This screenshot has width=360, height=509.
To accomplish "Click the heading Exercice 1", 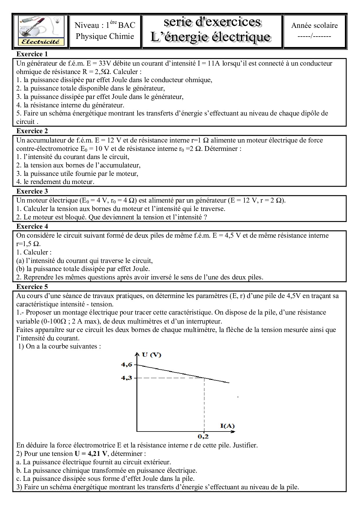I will [x=32, y=54].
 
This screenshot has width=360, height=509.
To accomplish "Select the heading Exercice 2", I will [x=32, y=131].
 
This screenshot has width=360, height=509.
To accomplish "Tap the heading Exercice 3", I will [x=32, y=191].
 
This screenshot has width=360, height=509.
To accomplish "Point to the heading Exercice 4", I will [x=32, y=226].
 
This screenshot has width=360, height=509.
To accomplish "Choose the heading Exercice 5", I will [x=32, y=287].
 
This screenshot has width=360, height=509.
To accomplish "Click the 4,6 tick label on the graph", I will [x=127, y=365].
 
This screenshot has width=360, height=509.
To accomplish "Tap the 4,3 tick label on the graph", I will [x=127, y=378].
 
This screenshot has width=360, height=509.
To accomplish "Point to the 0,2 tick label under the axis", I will [x=203, y=436].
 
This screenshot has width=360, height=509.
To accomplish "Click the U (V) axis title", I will [x=152, y=355].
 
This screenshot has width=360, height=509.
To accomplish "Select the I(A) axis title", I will [x=227, y=426].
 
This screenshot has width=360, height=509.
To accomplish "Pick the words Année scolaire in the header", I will [x=314, y=26].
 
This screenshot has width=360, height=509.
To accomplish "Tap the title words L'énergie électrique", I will [x=210, y=37].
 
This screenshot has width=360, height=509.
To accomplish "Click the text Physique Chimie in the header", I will [x=105, y=36].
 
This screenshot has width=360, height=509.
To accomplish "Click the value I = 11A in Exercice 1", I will [x=209, y=63].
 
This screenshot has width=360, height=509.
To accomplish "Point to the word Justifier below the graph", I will [x=245, y=445].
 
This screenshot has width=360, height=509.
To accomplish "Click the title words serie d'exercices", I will [x=212, y=22].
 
